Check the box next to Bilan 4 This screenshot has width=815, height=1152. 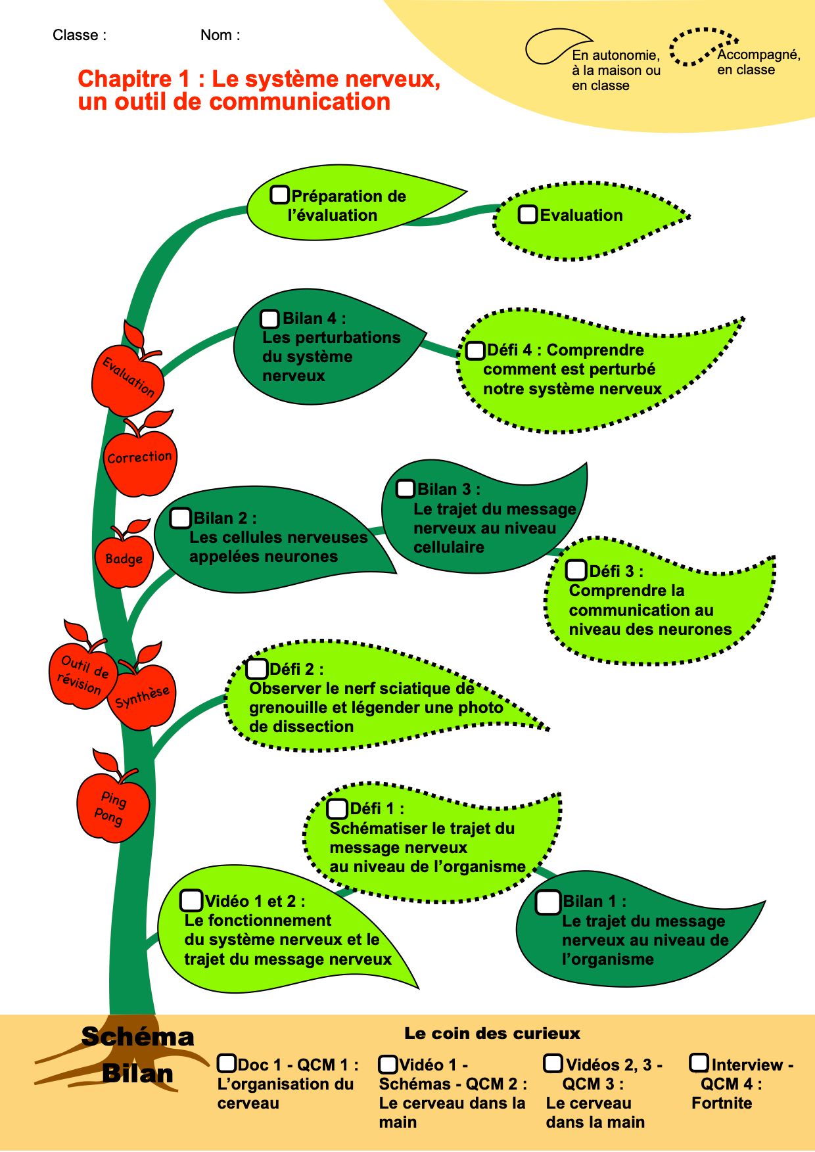[x=269, y=319]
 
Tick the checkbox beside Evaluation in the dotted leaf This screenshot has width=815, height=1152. [x=528, y=214]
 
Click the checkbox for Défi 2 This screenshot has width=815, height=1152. [x=256, y=669]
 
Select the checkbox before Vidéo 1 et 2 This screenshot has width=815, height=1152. [x=191, y=900]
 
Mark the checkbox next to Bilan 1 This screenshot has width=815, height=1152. [x=547, y=902]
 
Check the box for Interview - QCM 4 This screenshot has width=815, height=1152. [x=699, y=1063]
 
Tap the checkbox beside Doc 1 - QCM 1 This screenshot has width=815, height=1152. [x=227, y=1063]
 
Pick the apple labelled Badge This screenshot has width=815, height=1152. [x=124, y=556]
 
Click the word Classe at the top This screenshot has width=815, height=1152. [x=76, y=35]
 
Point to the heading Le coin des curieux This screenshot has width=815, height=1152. [x=492, y=1034]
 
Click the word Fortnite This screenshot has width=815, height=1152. [x=722, y=1103]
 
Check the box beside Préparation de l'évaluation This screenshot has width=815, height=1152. [x=280, y=195]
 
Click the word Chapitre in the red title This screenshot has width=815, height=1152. [x=125, y=79]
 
